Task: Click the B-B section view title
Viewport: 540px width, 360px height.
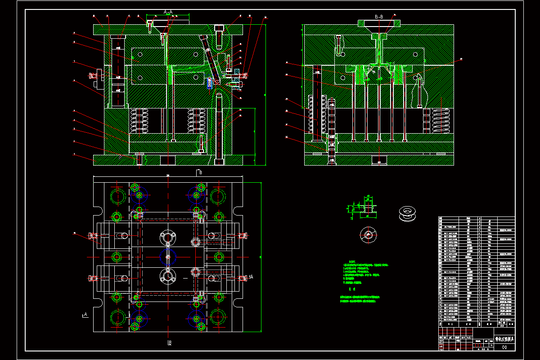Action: point(379,17)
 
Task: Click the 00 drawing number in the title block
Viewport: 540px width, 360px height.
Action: point(504,346)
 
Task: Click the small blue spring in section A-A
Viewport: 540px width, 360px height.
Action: point(210,83)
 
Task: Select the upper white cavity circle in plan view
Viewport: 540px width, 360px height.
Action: point(168,237)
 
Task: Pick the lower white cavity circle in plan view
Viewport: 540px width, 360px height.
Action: point(168,276)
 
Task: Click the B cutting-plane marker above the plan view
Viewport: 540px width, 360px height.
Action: point(199,172)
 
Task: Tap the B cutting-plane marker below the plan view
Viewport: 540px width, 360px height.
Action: point(170,343)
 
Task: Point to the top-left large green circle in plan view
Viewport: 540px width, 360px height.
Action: point(117,196)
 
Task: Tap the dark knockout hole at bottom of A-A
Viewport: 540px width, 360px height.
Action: point(168,161)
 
